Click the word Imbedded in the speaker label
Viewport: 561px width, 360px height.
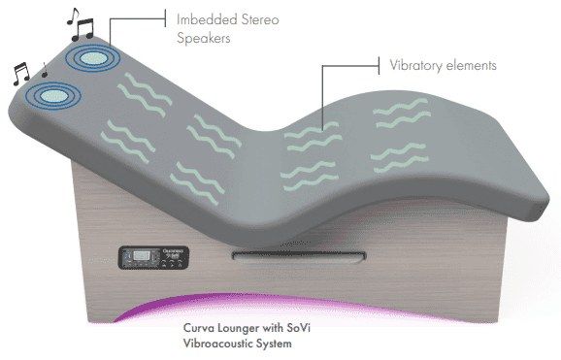click(207, 19)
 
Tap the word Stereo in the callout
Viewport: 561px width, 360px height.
click(260, 19)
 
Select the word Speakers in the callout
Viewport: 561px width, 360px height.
click(204, 38)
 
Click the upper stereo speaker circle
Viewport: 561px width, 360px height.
click(92, 57)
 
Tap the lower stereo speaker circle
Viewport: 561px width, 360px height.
click(53, 95)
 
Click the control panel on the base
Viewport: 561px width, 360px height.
click(153, 257)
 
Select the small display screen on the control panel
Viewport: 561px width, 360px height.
click(142, 255)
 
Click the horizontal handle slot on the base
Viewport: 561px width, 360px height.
click(299, 255)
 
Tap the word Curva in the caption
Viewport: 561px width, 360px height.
click(196, 328)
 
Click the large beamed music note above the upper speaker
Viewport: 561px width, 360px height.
click(83, 29)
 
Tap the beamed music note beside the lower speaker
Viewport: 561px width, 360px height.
click(21, 75)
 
